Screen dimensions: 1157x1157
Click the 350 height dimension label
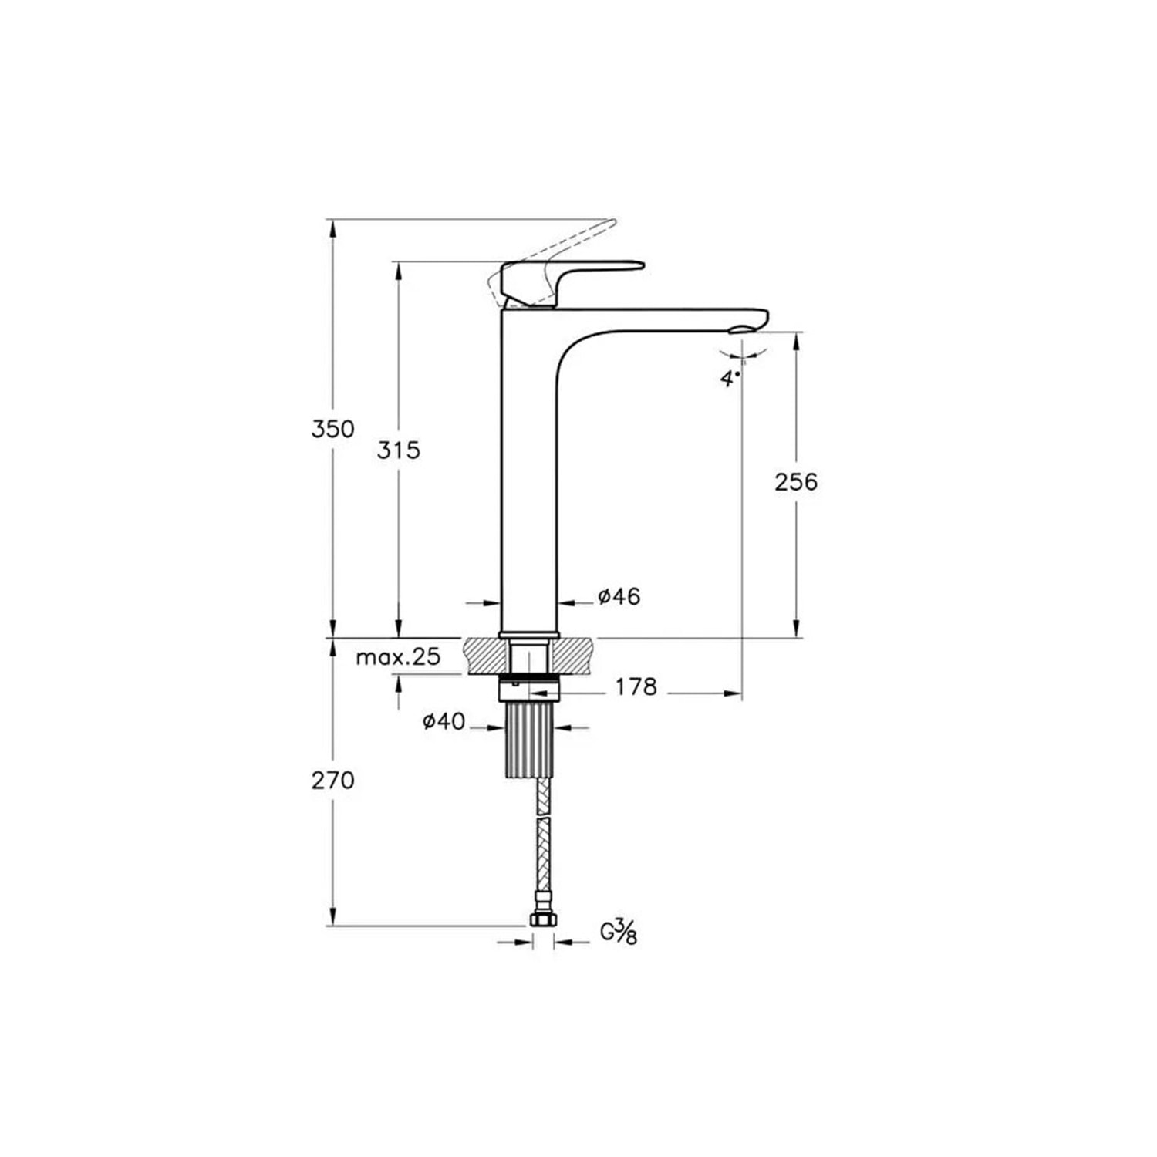(332, 429)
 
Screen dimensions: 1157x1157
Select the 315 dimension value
(399, 450)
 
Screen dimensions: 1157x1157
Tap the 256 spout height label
(796, 482)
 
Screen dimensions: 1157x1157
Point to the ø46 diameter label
(619, 596)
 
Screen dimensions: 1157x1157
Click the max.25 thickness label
(398, 657)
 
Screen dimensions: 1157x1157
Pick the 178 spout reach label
(636, 686)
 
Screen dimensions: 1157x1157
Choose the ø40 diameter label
(444, 722)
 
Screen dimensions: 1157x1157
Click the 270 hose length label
(333, 781)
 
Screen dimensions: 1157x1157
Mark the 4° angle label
(730, 379)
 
